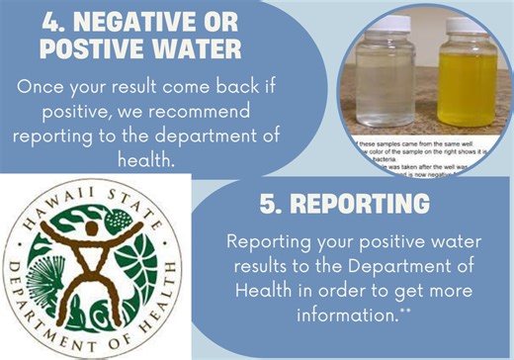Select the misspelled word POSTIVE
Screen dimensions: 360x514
coord(105,49)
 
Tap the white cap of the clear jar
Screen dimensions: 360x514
coord(381,20)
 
